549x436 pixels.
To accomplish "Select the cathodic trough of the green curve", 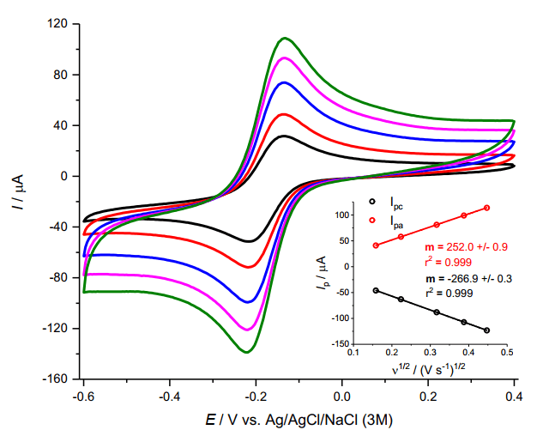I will [247, 352].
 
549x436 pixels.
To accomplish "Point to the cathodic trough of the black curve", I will [248, 241].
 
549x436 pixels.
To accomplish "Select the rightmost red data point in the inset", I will [486, 208].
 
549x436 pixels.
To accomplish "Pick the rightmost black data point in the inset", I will [486, 330].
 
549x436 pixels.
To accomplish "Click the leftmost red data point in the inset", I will [376, 245].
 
